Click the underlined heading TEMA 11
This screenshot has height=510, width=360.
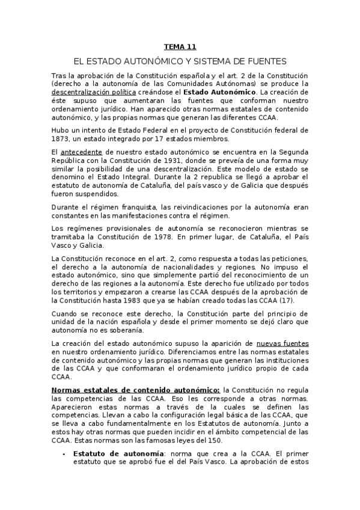coord(180,46)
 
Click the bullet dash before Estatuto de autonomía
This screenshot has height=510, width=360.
coord(64,453)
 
